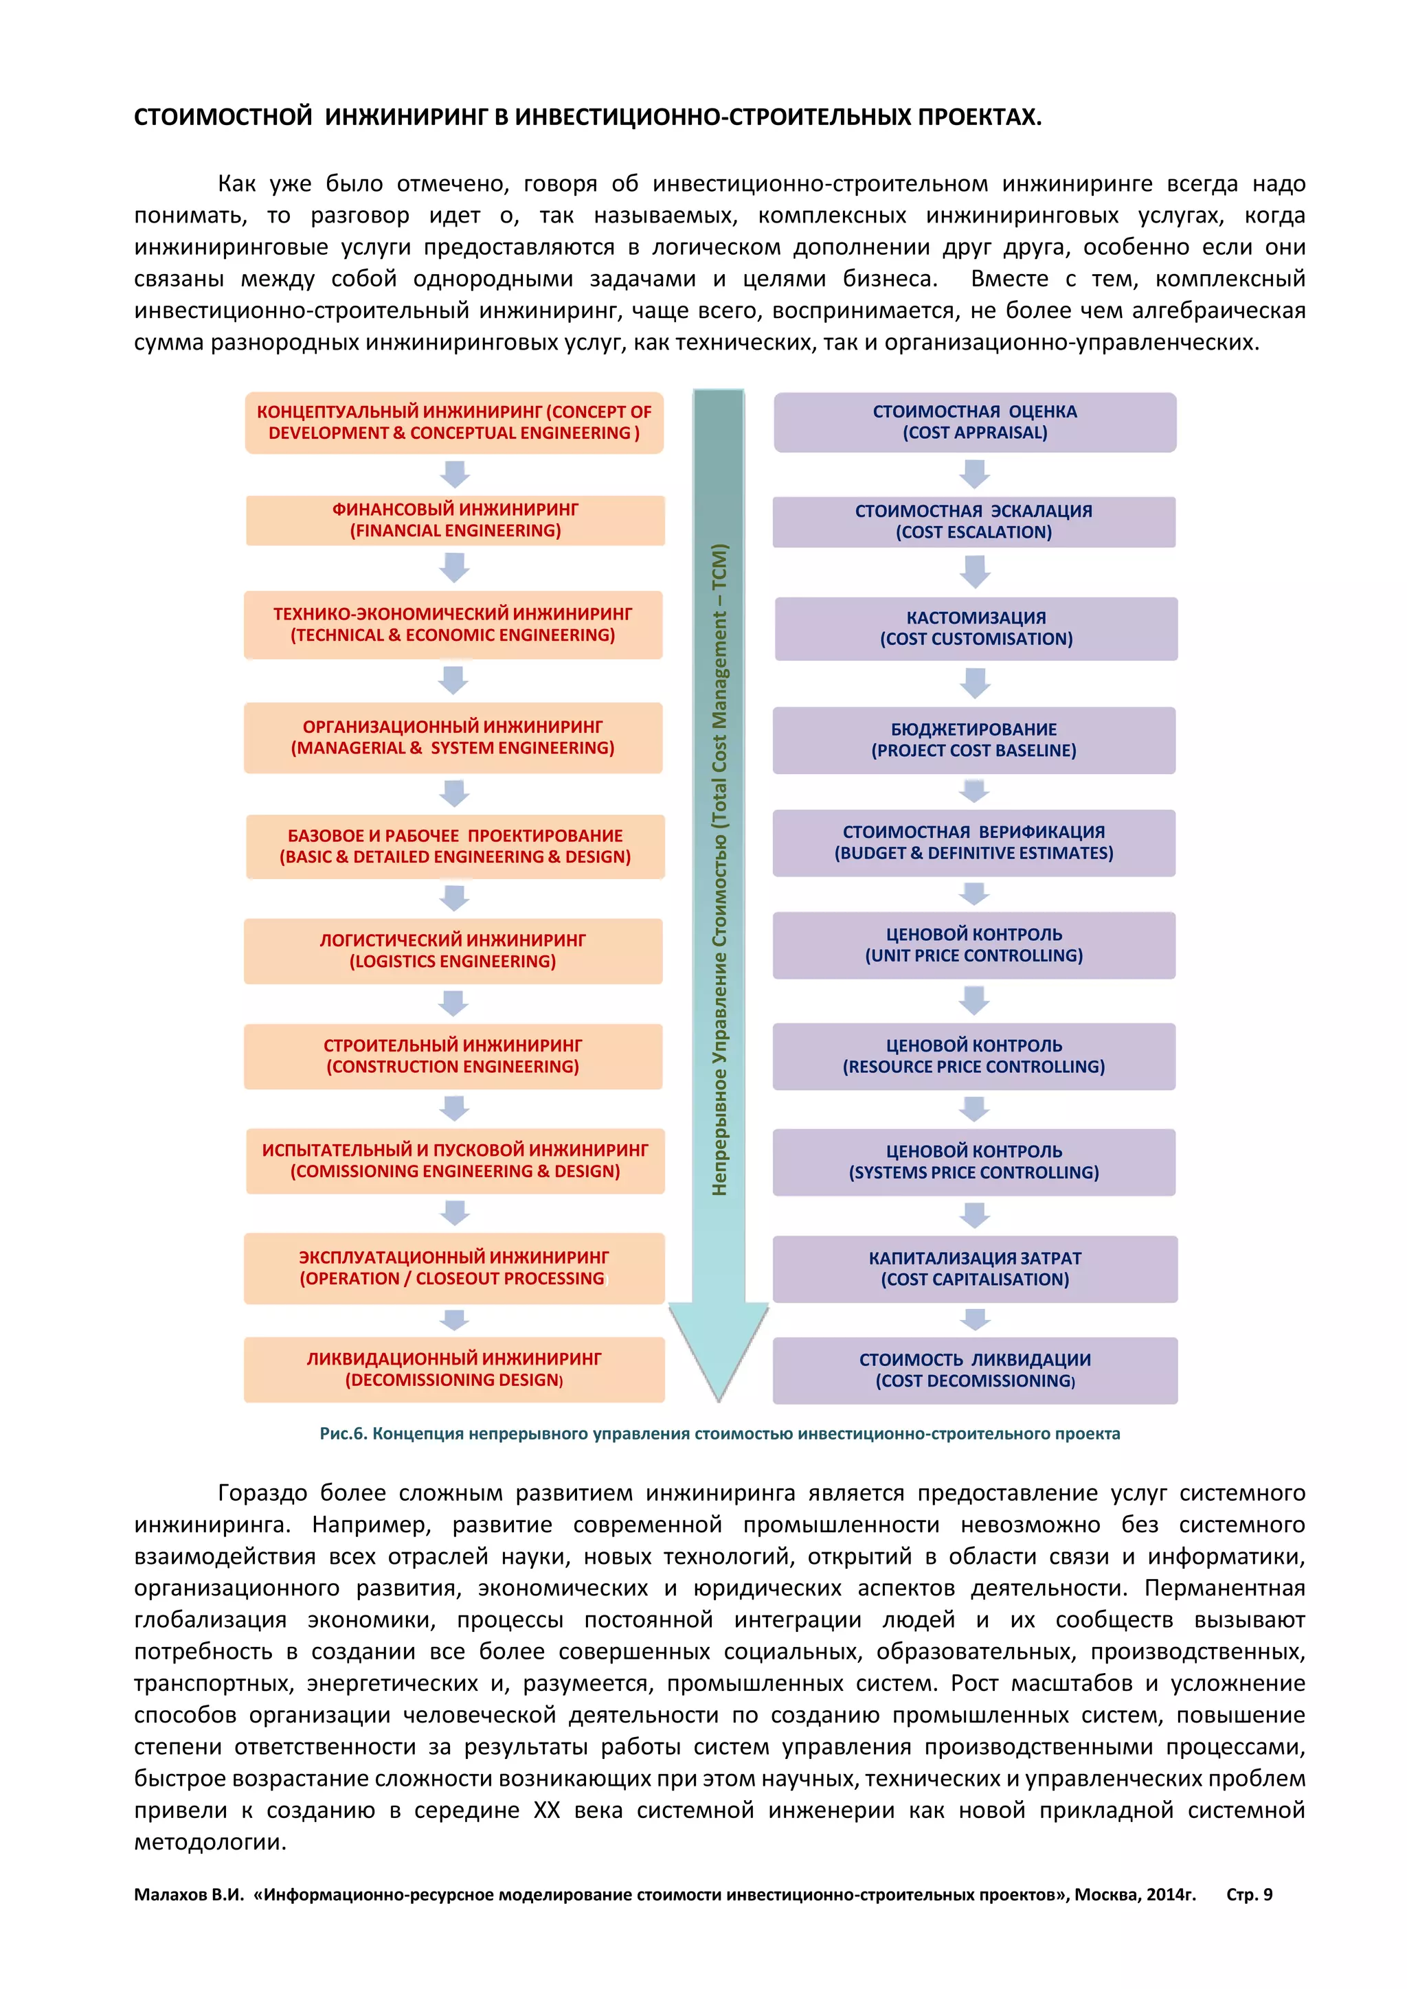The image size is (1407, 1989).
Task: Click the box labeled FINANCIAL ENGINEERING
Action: click(455, 521)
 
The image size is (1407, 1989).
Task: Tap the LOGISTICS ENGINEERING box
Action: click(453, 951)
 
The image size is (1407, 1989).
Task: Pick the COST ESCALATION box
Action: click(973, 521)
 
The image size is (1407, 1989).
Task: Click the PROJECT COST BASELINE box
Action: click(973, 740)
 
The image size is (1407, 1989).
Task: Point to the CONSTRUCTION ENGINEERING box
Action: click(453, 1056)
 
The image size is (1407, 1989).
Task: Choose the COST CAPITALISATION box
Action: click(975, 1269)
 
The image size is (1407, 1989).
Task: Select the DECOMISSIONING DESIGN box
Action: click(454, 1369)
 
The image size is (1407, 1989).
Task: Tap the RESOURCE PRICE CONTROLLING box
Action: click(973, 1056)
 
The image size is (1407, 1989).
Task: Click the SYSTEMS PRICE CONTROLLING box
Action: click(973, 1161)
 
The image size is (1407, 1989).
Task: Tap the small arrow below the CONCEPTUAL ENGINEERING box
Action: click(455, 474)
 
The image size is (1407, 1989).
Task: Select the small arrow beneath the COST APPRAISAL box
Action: click(975, 474)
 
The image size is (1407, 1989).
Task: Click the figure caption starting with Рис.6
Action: click(719, 1433)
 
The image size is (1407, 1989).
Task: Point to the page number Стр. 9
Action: click(1248, 1895)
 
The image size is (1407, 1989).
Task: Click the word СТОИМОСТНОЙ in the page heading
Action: click(223, 117)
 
